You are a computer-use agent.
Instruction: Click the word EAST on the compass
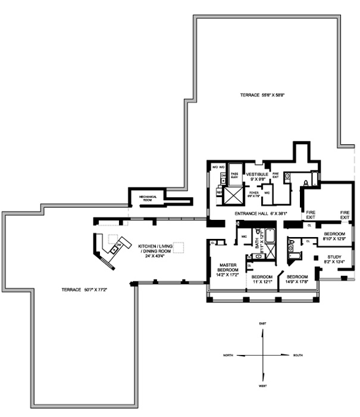[x=262, y=323]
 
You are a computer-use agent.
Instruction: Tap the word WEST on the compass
[x=262, y=385]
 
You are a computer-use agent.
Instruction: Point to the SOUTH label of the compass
[x=298, y=355]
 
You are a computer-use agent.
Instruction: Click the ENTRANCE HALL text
[x=252, y=213]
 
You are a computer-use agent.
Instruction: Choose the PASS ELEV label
[x=234, y=176]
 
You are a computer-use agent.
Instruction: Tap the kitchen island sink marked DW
[x=120, y=245]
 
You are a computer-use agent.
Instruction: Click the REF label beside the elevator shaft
[x=219, y=193]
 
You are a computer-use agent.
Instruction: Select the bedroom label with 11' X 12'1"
[x=262, y=279]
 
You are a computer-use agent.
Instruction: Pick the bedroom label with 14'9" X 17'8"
[x=298, y=279]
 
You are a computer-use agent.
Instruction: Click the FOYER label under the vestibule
[x=253, y=194]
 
